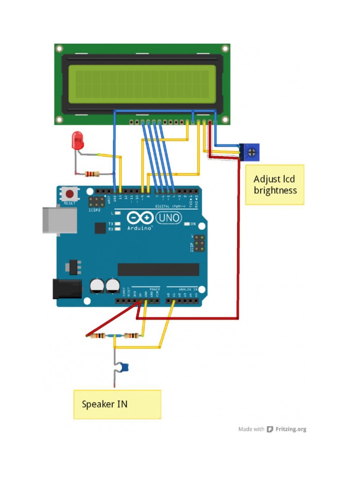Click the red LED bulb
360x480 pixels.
(x=77, y=140)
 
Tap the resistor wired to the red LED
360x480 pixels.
(x=92, y=174)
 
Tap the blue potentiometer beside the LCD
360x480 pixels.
(x=251, y=151)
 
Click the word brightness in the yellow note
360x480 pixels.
(x=275, y=191)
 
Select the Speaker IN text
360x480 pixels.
(x=105, y=404)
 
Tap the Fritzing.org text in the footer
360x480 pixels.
(x=291, y=429)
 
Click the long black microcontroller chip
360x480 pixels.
(x=158, y=269)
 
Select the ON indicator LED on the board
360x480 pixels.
(x=187, y=224)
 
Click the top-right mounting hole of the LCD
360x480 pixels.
(x=225, y=48)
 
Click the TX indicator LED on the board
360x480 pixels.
(x=118, y=224)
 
